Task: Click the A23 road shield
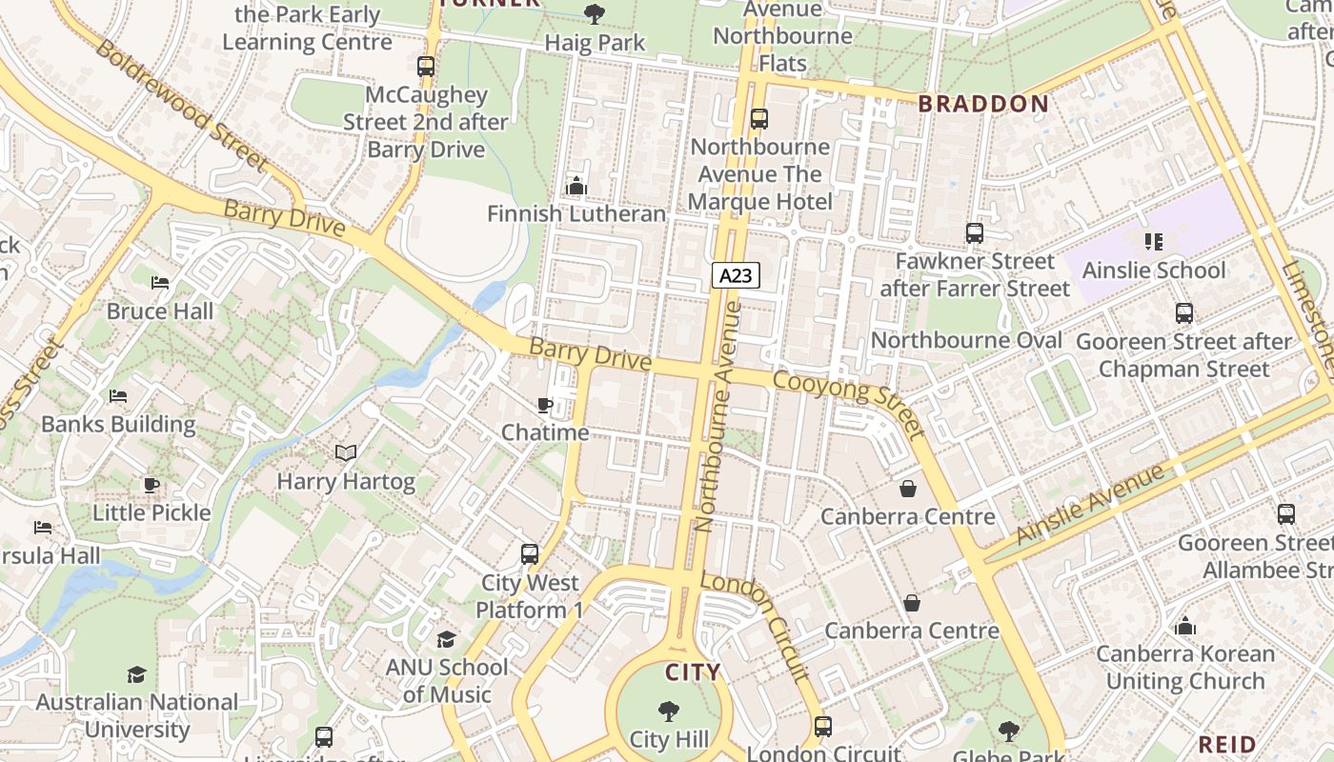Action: click(736, 276)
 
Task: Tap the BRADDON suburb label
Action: click(983, 104)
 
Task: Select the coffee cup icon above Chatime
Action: click(545, 405)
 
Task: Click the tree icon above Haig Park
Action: click(595, 14)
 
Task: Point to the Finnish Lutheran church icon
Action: click(576, 186)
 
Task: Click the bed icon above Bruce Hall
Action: click(160, 283)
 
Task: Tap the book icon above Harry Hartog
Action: click(346, 453)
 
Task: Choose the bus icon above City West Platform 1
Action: click(530, 554)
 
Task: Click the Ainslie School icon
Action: click(1154, 242)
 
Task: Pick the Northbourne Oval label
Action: click(966, 340)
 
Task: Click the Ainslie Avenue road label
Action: click(1090, 504)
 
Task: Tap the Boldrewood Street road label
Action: click(182, 104)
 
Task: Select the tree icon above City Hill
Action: click(669, 711)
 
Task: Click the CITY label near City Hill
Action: click(693, 672)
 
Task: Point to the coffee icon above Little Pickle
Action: click(152, 485)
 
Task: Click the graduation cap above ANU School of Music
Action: click(447, 639)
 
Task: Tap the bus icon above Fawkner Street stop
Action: click(974, 233)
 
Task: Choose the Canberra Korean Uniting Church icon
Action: click(1185, 626)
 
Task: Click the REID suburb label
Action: click(1227, 744)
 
